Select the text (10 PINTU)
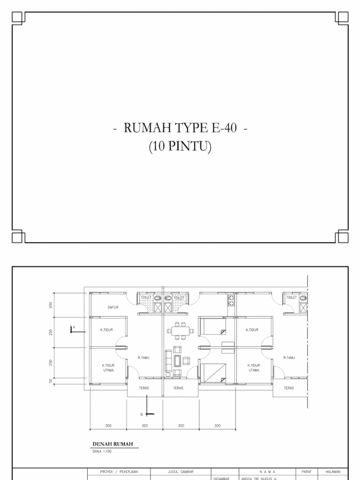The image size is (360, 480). (x=180, y=147)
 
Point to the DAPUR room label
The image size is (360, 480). (x=113, y=307)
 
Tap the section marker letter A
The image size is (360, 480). (x=74, y=327)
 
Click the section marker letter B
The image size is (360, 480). (x=141, y=414)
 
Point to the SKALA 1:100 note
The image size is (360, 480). (x=102, y=451)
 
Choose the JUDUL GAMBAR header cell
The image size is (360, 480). (x=180, y=472)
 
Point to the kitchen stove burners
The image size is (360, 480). (x=231, y=300)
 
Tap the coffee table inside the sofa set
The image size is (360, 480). (x=179, y=360)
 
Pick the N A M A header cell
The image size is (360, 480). (x=267, y=472)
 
